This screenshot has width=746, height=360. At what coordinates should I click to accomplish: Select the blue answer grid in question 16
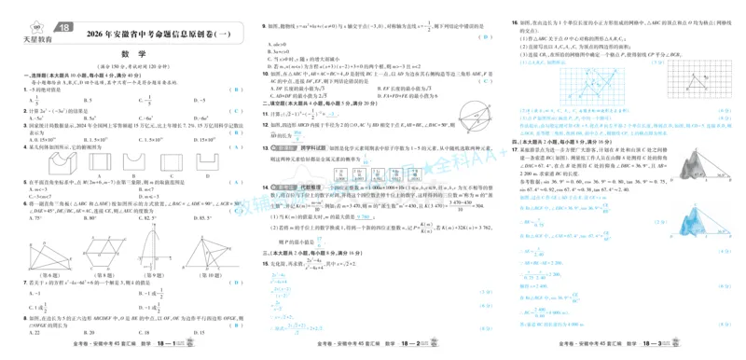coord(616,90)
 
